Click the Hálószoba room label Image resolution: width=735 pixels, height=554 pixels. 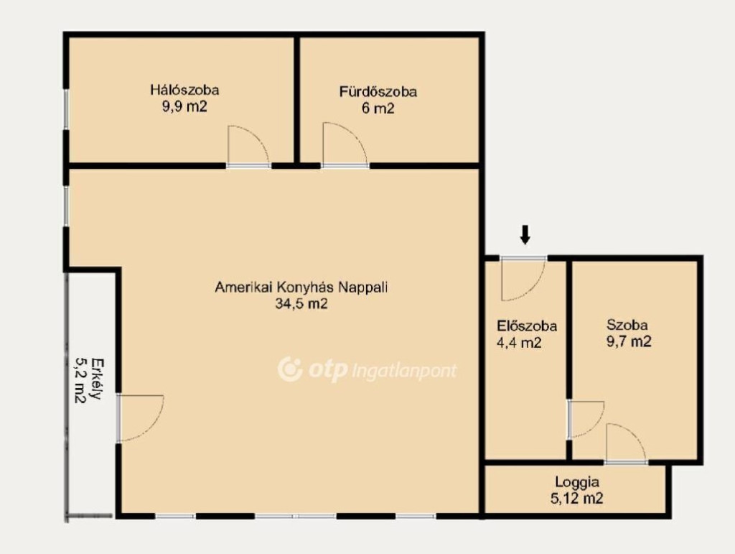click(x=184, y=90)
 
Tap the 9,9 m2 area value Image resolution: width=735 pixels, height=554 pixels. click(x=184, y=106)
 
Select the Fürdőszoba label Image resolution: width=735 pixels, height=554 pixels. click(x=378, y=91)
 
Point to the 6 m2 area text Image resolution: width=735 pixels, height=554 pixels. click(x=378, y=109)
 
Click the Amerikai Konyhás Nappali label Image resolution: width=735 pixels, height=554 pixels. click(x=301, y=287)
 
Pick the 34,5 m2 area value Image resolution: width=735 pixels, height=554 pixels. click(x=301, y=304)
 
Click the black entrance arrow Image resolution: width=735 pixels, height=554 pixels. click(x=525, y=234)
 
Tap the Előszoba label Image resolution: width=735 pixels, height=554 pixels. click(x=527, y=326)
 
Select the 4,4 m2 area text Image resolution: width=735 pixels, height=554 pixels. click(x=519, y=343)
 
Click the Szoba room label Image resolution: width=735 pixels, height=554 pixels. click(x=627, y=325)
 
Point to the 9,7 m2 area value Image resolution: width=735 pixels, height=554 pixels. click(x=629, y=341)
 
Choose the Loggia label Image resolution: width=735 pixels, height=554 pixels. click(x=577, y=481)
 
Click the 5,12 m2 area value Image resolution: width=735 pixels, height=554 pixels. click(x=577, y=498)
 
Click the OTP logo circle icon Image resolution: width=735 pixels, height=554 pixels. click(x=290, y=369)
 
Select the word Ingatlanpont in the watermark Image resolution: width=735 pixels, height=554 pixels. click(x=403, y=371)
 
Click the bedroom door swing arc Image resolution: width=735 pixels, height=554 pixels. click(x=259, y=136)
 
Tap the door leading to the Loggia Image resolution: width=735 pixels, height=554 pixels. click(x=626, y=443)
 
